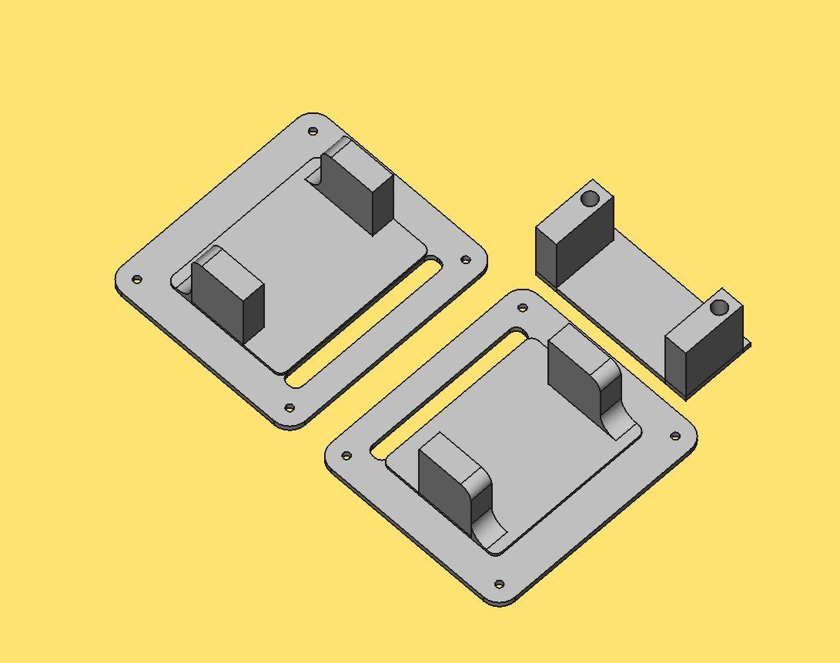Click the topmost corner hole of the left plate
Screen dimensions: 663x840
click(313, 132)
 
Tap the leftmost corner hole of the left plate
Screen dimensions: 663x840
click(137, 280)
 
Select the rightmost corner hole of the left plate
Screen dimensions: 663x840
click(465, 260)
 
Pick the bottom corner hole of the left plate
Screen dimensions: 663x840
click(289, 408)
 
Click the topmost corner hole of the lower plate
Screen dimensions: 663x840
click(523, 308)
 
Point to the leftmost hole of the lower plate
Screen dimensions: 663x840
click(346, 456)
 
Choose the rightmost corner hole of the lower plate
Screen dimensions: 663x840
click(675, 437)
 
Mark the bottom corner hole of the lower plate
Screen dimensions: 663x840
click(499, 584)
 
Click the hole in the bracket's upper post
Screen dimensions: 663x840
click(590, 199)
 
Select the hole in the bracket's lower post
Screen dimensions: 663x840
click(719, 308)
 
